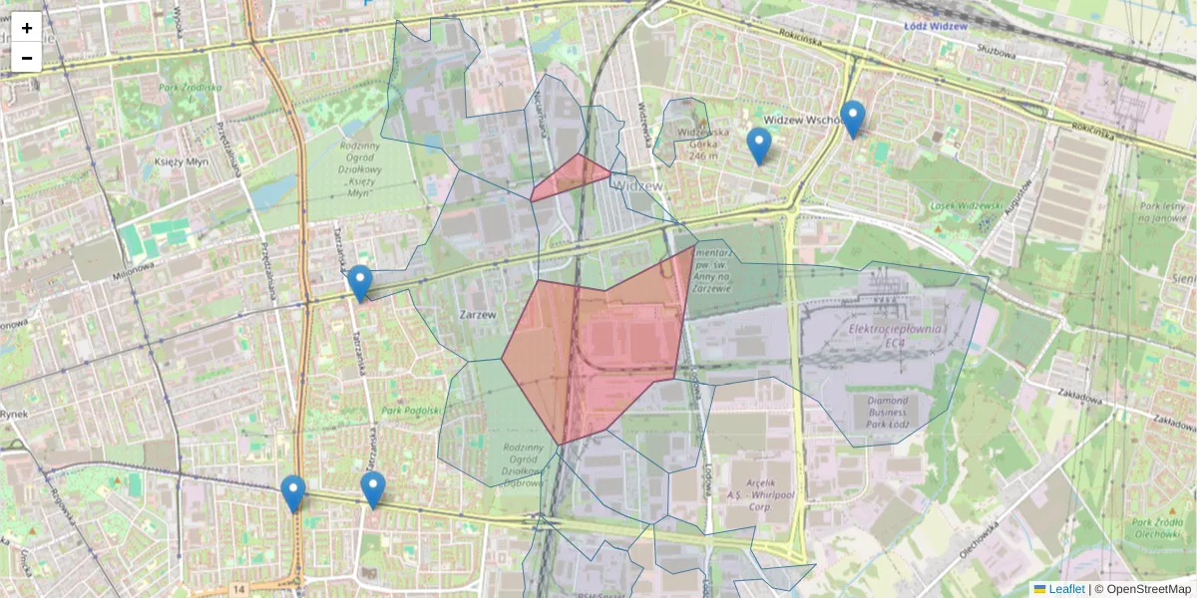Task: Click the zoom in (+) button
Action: pos(27,27)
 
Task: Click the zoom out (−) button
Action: pos(27,58)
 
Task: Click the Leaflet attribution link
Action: pos(1065,589)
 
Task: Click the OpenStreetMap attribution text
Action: pos(1147,589)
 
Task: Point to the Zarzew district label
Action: pos(478,313)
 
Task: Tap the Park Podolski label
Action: pos(409,410)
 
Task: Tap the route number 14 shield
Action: pos(238,590)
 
